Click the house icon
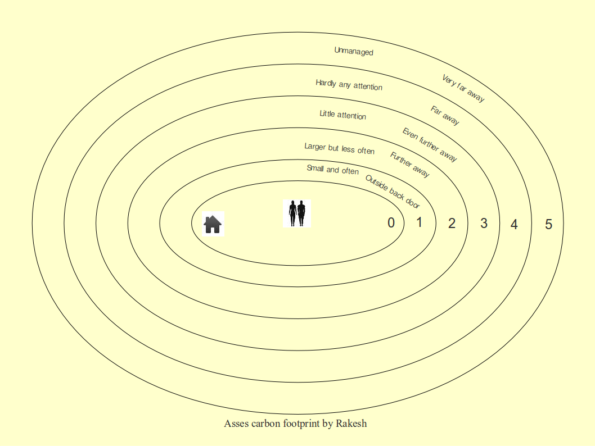coord(213,224)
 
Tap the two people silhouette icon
coord(297,213)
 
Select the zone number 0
coord(391,223)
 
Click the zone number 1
coord(420,222)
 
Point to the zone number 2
coord(452,223)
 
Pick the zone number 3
coord(484,223)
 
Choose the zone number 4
coord(514,224)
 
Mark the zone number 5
coord(549,224)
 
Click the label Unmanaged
coord(354,51)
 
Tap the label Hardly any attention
coord(349,85)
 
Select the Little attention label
coord(342,115)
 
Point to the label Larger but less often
coord(339,148)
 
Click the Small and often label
coord(332,170)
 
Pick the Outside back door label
coord(393,192)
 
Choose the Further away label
coord(409,165)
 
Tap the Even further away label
coord(430,145)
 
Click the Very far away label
coord(463,88)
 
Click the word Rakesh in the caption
coord(351,424)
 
